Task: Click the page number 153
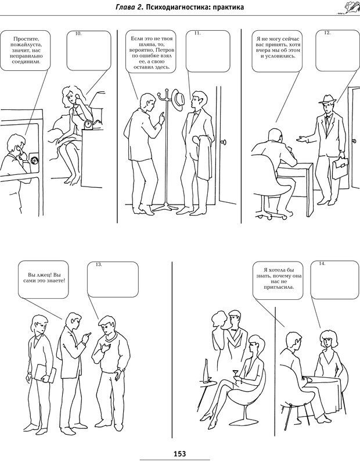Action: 180,453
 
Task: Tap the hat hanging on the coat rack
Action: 178,100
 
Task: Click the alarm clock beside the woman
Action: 89,124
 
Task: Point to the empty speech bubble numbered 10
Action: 89,50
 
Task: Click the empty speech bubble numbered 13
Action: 113,280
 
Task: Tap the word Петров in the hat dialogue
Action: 167,50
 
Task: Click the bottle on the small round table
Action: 206,371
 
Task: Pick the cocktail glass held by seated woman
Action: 235,374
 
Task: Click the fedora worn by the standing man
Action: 327,99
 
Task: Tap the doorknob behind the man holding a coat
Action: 225,142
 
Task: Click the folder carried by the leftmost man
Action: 45,374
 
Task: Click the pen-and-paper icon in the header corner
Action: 348,8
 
